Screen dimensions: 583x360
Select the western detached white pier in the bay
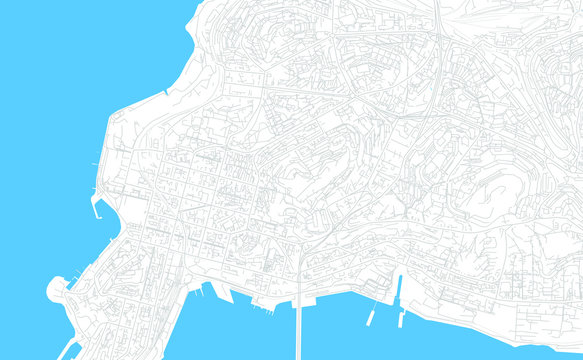[371, 316]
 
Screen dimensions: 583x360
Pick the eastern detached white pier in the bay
[402, 316]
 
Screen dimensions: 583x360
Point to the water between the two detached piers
[387, 318]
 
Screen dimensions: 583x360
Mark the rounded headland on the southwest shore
[56, 290]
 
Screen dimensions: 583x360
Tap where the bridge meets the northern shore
[301, 295]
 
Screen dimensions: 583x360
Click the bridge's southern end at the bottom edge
[301, 355]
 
